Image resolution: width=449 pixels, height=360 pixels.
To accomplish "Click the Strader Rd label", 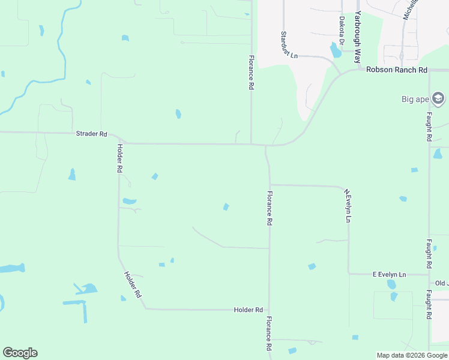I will [91, 134].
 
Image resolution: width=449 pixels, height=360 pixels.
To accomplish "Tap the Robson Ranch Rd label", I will [397, 70].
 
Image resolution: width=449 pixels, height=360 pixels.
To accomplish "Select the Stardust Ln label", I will [289, 45].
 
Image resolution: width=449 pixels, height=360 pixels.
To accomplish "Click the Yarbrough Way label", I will [358, 37].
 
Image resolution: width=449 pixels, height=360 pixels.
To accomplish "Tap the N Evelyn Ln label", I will [347, 206].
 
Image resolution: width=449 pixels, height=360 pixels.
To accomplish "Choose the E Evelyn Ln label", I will [389, 274].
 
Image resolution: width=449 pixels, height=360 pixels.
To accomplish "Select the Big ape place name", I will [415, 99].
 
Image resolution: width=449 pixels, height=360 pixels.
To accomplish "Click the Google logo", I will [20, 353].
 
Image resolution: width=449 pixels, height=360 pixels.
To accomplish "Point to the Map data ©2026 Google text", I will [412, 355].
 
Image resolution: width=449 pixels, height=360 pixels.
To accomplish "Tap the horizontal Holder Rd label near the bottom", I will [249, 310].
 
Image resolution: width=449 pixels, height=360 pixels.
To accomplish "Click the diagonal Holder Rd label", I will [132, 285].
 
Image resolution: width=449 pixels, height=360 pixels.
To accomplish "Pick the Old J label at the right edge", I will [442, 283].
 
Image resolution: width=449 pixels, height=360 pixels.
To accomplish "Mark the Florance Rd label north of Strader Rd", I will [252, 73].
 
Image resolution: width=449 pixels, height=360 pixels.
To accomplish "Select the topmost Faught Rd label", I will [429, 127].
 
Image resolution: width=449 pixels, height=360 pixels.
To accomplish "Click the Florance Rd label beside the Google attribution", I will [270, 334].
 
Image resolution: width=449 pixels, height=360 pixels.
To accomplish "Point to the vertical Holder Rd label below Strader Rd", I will [120, 158].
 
